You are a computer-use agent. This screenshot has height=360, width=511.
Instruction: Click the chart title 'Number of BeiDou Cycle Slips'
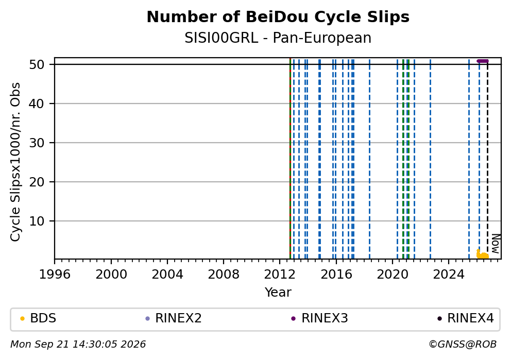(278, 18)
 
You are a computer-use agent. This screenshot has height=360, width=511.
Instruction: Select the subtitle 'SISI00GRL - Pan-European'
(278, 38)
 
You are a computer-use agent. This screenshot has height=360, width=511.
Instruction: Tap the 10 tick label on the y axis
(37, 221)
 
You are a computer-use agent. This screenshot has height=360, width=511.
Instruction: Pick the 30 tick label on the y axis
(37, 143)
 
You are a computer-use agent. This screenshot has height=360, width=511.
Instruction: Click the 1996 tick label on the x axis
(55, 275)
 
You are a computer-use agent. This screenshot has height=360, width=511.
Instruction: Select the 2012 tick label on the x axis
(280, 275)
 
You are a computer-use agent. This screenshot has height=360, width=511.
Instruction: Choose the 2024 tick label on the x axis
(449, 275)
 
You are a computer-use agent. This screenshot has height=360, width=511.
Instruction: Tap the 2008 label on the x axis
(224, 275)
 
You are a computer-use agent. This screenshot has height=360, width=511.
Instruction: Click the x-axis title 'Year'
(278, 292)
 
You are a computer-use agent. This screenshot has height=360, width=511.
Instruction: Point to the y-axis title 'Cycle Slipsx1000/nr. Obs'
(15, 162)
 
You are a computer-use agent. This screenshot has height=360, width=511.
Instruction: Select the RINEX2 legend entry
(174, 318)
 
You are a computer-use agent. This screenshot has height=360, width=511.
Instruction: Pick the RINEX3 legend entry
(319, 318)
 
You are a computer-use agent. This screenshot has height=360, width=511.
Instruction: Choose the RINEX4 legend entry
(465, 318)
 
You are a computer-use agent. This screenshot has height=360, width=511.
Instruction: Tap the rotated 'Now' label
(496, 244)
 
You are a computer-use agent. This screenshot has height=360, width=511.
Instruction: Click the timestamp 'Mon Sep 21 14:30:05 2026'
(78, 345)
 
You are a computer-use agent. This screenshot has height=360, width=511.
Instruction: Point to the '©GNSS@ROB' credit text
(463, 345)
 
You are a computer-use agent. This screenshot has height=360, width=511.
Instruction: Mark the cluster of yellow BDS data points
(482, 255)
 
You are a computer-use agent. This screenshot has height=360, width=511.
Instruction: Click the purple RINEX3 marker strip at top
(482, 61)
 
